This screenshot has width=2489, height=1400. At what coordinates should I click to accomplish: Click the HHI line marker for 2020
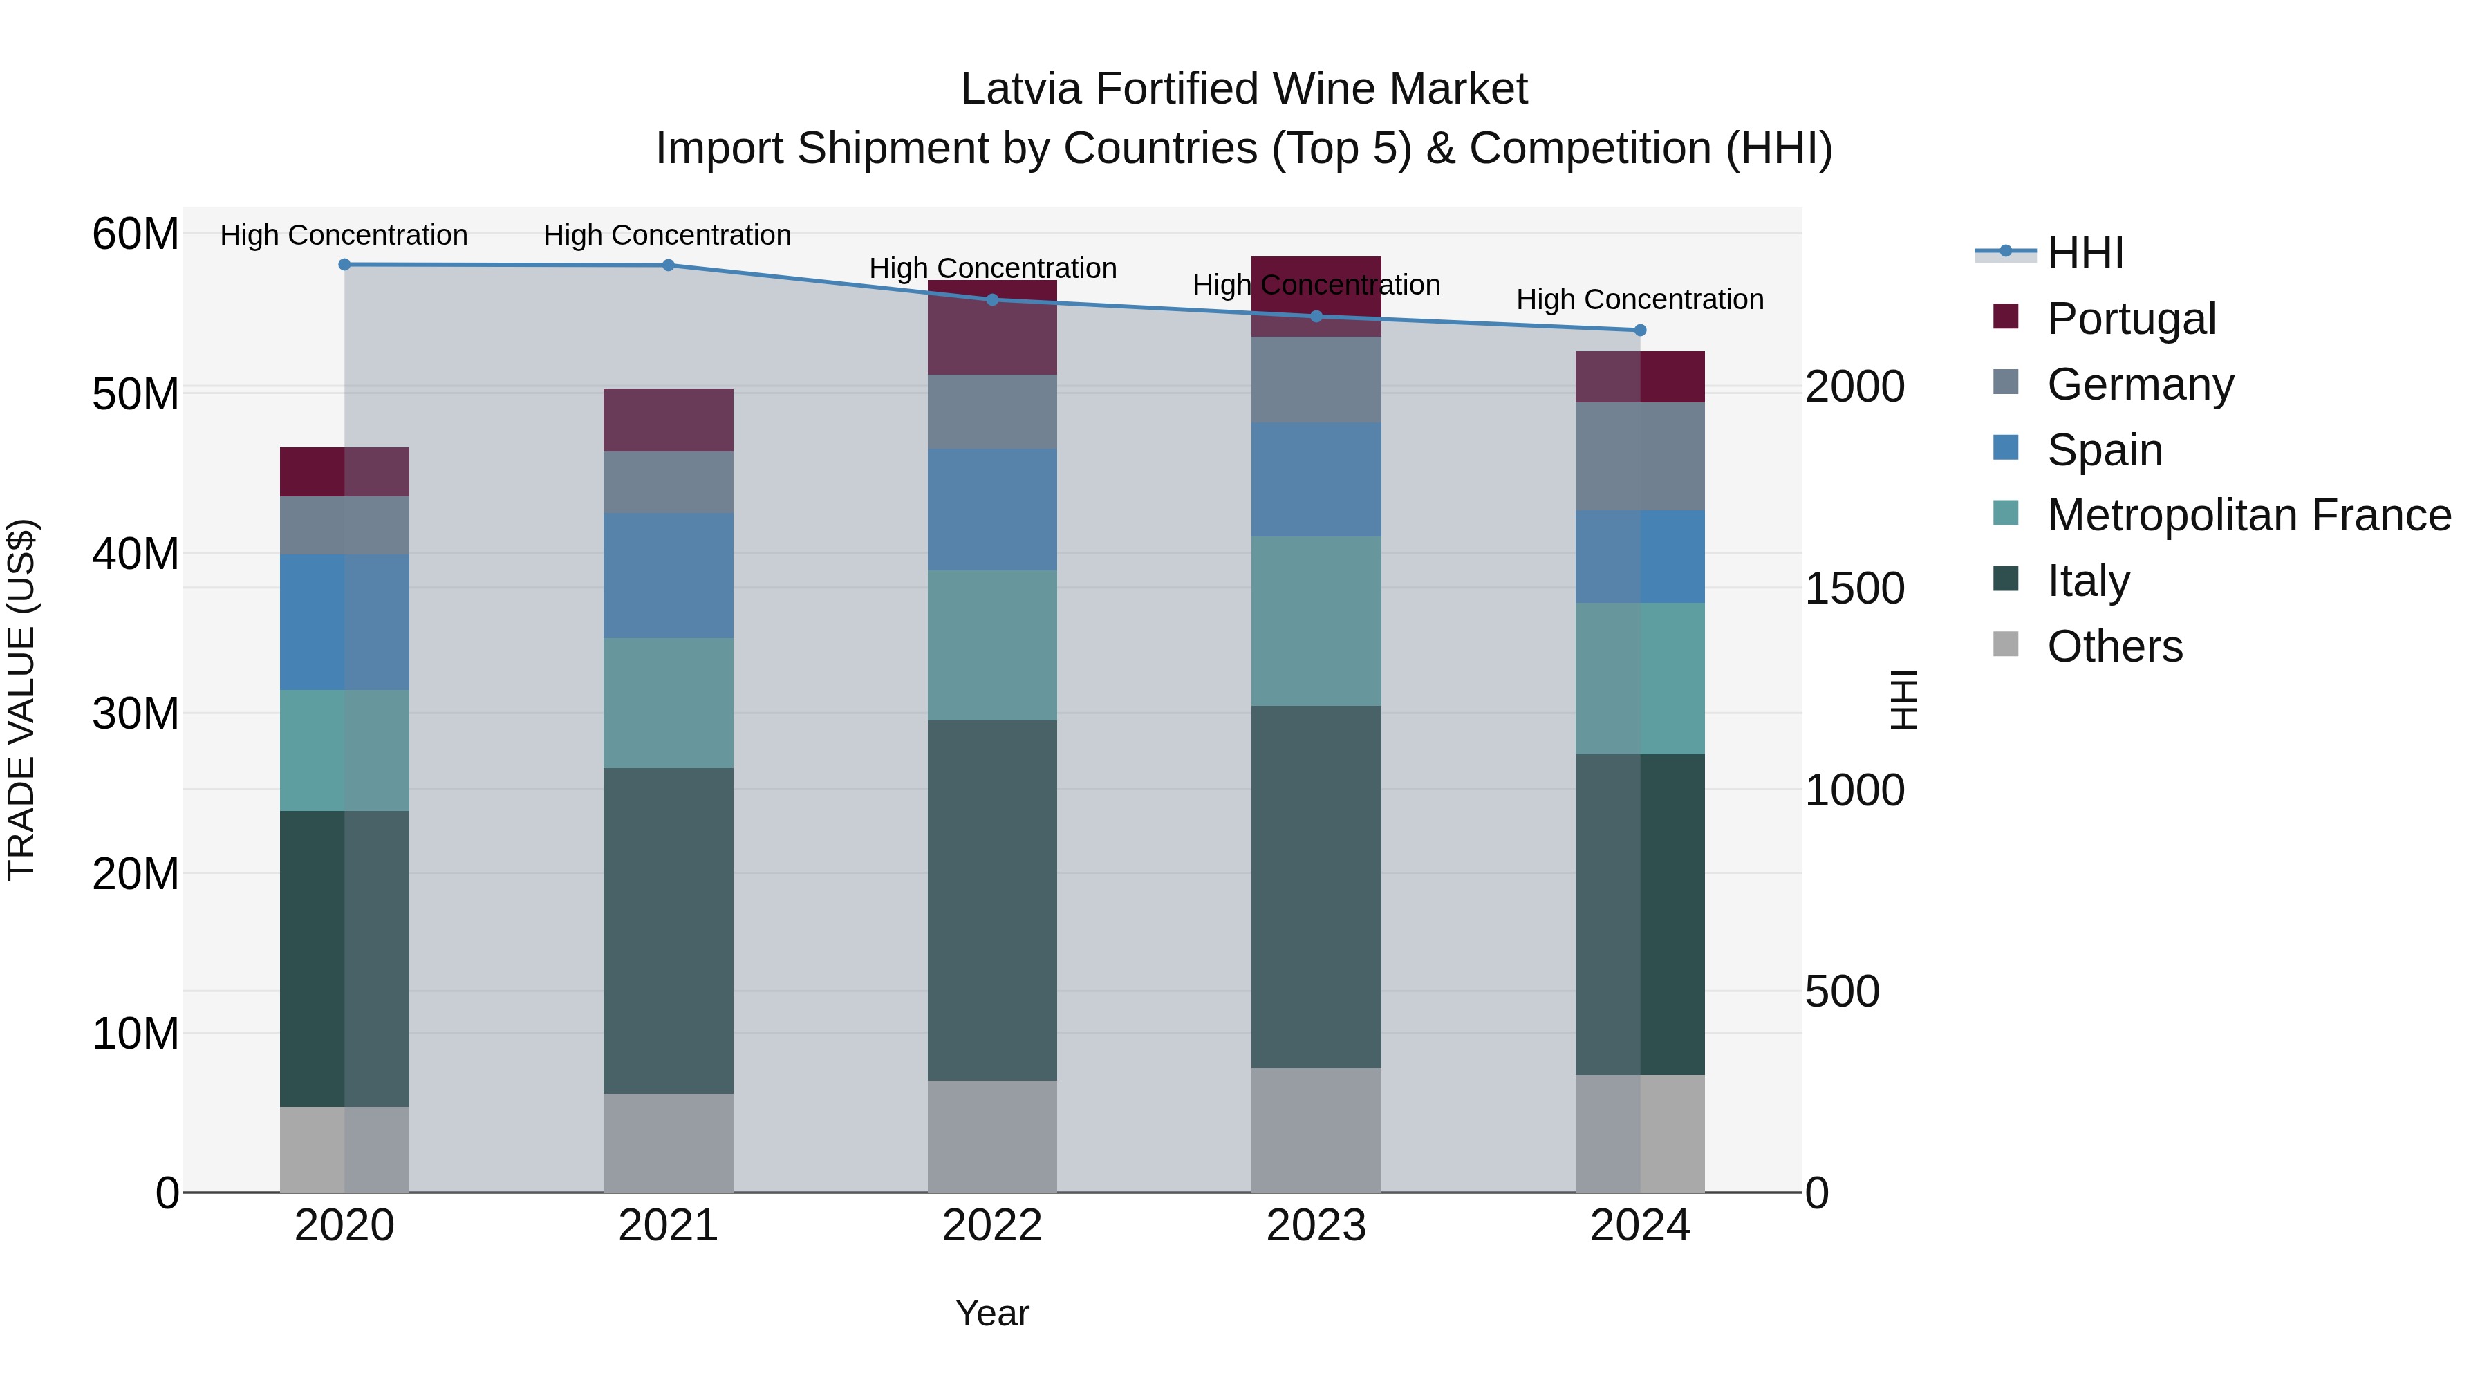[x=344, y=265]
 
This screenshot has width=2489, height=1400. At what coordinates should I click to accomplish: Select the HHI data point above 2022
[x=991, y=299]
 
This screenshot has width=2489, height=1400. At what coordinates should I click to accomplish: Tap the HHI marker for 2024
[x=1640, y=330]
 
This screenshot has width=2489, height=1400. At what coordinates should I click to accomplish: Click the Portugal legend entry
[x=2131, y=319]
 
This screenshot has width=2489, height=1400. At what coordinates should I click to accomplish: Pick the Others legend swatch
[x=2006, y=644]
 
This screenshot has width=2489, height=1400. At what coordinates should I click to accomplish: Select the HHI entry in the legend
[x=2085, y=253]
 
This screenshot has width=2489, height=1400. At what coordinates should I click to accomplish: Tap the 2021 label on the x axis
[x=668, y=1226]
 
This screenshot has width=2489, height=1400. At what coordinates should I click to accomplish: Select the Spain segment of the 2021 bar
[x=668, y=575]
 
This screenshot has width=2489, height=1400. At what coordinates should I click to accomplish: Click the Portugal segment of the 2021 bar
[x=668, y=420]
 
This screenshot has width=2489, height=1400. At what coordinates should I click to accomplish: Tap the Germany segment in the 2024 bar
[x=1640, y=456]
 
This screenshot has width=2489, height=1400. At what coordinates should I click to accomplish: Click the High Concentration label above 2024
[x=1640, y=299]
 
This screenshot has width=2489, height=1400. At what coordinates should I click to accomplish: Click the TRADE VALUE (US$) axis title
[x=21, y=700]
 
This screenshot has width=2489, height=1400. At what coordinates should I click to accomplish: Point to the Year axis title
[x=991, y=1313]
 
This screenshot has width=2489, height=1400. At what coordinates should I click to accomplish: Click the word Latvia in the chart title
[x=1020, y=89]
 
